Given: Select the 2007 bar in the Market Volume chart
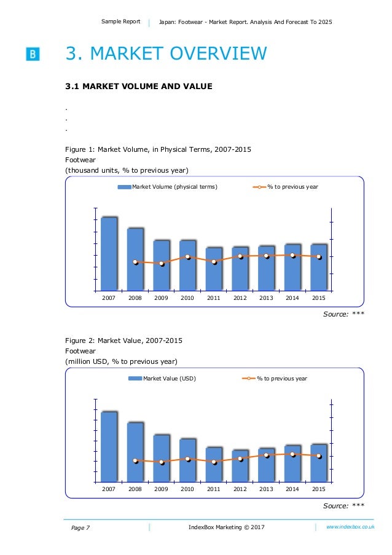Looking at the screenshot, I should click(109, 253).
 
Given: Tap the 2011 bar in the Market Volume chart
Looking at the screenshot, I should click(213, 269).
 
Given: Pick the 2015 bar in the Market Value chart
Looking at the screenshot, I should click(318, 462).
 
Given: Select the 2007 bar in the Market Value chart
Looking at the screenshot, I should click(109, 446).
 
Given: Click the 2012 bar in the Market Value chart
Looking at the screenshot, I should click(240, 465).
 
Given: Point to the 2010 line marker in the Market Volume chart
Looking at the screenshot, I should click(188, 257).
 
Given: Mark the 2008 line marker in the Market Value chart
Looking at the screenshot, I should click(136, 460).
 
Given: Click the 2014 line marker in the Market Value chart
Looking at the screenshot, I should click(293, 454).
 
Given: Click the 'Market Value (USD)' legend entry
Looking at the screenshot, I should click(162, 379).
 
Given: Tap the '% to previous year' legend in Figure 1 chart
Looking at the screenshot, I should click(286, 186).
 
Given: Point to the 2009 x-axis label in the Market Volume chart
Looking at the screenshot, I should click(161, 298).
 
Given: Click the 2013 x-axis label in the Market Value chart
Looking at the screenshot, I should click(266, 489).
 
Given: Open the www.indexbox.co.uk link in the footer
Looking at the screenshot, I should click(350, 527).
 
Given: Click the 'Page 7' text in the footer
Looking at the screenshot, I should click(80, 528).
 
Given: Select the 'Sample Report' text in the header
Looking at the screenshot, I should click(121, 22).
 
